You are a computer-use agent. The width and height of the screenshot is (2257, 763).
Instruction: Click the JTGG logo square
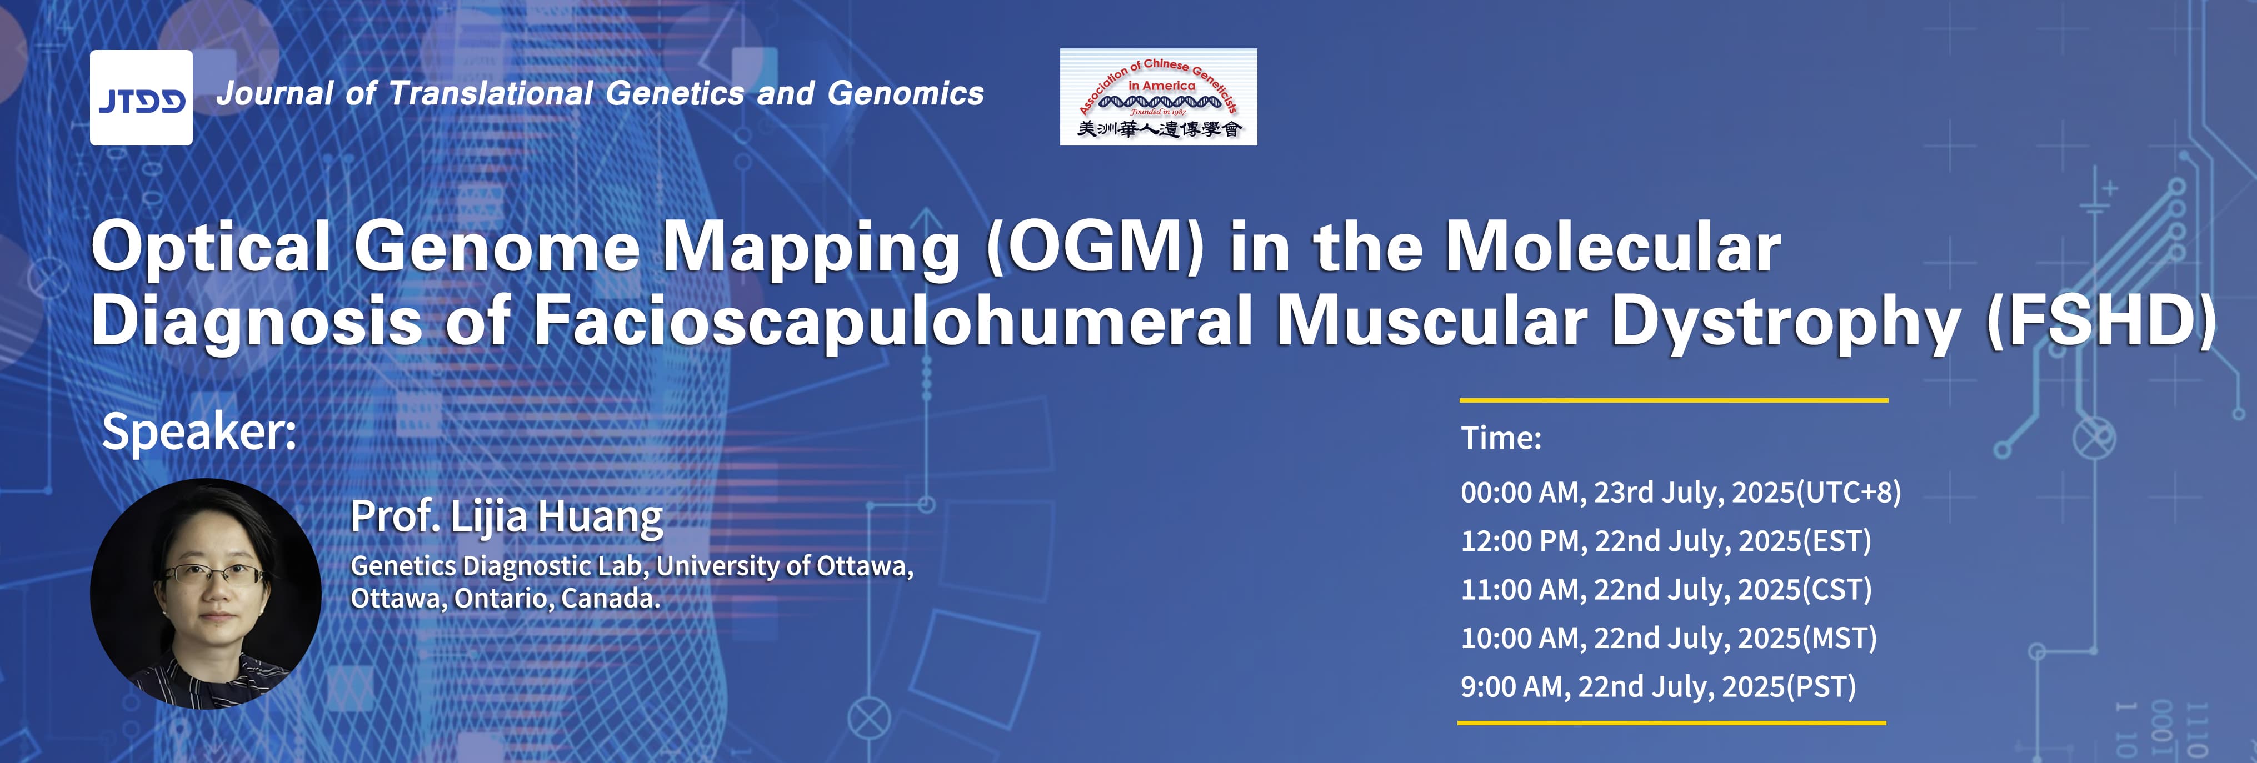141,97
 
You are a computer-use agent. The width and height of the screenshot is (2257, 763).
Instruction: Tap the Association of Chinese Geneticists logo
1159,97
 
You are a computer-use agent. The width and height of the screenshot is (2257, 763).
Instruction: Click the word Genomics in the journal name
906,93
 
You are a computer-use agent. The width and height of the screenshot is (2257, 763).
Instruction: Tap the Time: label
1501,437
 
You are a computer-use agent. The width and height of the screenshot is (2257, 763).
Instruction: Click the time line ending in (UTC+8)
1680,493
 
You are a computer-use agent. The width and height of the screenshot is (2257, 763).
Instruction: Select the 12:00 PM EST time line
1666,540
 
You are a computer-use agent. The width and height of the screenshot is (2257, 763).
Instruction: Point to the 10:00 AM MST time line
1668,637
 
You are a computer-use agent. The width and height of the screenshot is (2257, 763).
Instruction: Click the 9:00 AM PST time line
1657,686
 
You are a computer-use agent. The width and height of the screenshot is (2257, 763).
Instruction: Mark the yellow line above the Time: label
1674,400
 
